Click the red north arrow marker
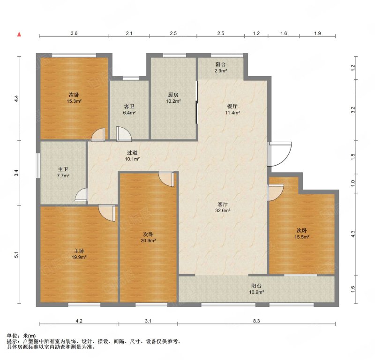click(19, 34)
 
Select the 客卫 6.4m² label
click(129, 109)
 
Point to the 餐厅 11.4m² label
click(232, 109)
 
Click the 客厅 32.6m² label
click(223, 207)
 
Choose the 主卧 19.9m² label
click(79, 254)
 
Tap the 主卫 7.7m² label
click(63, 172)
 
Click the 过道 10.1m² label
click(132, 156)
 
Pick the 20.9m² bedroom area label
click(148, 240)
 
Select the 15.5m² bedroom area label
click(302, 237)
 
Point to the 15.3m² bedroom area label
click(74, 101)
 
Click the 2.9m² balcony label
click(220, 71)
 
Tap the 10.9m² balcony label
click(256, 292)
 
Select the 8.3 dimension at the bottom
click(256, 321)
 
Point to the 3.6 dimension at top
click(74, 33)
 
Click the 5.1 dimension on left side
click(16, 254)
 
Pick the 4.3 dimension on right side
click(353, 234)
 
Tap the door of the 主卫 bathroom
click(82, 194)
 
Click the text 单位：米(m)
click(21, 336)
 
